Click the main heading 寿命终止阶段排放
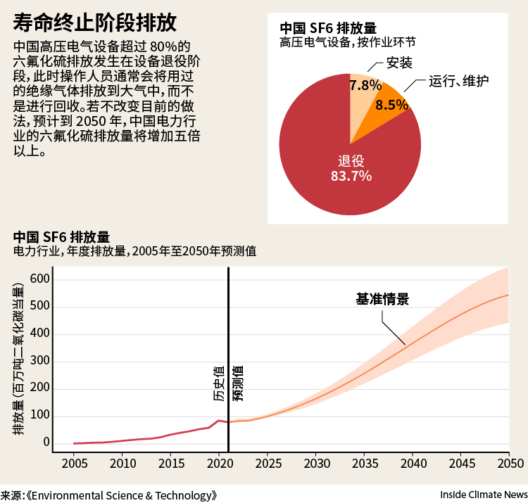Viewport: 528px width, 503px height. tap(94, 23)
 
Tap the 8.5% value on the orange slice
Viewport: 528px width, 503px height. tap(392, 105)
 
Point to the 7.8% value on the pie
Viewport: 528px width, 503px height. tap(365, 85)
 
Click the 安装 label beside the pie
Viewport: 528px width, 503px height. tap(399, 63)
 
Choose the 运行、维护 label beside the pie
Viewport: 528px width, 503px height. tap(458, 81)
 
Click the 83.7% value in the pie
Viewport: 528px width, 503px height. tap(351, 176)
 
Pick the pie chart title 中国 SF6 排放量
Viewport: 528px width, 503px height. tap(328, 28)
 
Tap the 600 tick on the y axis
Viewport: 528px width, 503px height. tap(39, 279)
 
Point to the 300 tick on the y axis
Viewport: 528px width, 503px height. tap(39, 361)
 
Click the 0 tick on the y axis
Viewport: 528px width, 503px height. tap(46, 442)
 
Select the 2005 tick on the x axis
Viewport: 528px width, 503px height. tap(75, 464)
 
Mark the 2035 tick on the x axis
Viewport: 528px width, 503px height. tap(365, 464)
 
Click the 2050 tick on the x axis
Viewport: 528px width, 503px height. tap(510, 464)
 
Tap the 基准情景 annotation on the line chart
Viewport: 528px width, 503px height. tap(382, 299)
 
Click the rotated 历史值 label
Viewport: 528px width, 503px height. tap(219, 383)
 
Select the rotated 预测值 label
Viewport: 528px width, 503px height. tap(238, 383)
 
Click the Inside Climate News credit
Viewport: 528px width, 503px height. tap(484, 495)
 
